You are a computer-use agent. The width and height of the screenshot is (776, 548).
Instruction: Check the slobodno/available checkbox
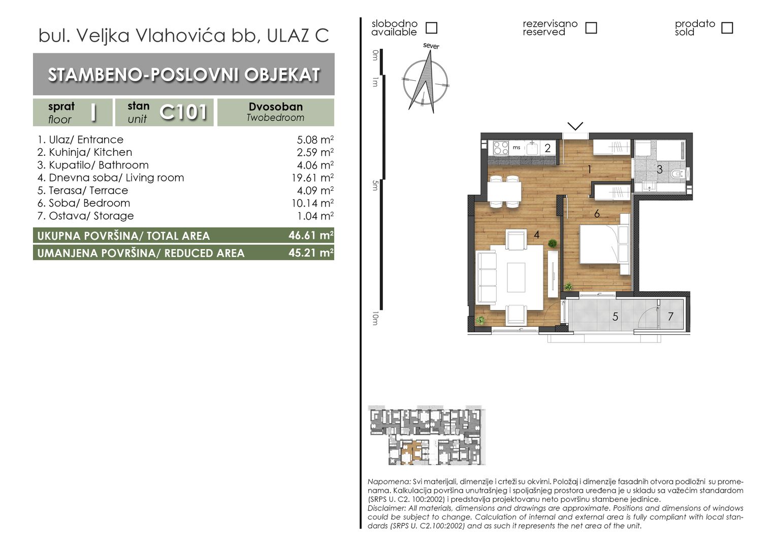pyautogui.click(x=431, y=28)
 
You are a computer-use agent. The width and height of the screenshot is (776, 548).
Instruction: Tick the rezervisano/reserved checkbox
pyautogui.click(x=591, y=28)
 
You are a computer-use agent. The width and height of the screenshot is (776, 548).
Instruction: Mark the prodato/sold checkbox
pyautogui.click(x=727, y=28)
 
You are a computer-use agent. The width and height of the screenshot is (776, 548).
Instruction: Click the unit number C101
pyautogui.click(x=183, y=112)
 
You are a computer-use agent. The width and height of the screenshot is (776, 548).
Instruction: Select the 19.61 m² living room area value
pyautogui.click(x=312, y=178)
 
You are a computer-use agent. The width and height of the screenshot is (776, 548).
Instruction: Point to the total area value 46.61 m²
pyautogui.click(x=311, y=235)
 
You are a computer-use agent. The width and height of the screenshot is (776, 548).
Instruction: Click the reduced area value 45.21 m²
pyautogui.click(x=311, y=253)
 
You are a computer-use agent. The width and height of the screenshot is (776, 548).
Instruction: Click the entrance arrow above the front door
pyautogui.click(x=575, y=126)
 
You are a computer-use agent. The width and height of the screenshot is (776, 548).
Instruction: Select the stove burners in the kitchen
pyautogui.click(x=500, y=148)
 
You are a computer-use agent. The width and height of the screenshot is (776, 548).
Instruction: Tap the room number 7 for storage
pyautogui.click(x=670, y=317)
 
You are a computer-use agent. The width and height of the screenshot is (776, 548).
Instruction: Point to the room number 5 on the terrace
pyautogui.click(x=615, y=317)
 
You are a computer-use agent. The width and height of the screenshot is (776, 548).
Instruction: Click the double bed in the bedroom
pyautogui.click(x=604, y=244)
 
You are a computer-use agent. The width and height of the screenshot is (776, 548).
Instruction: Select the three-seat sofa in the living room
pyautogui.click(x=487, y=277)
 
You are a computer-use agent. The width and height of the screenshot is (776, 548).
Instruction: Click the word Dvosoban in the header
pyautogui.click(x=276, y=107)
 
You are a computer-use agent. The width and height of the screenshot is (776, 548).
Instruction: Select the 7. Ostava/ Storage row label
pyautogui.click(x=85, y=216)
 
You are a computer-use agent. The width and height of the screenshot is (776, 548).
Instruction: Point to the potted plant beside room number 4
pyautogui.click(x=552, y=244)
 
